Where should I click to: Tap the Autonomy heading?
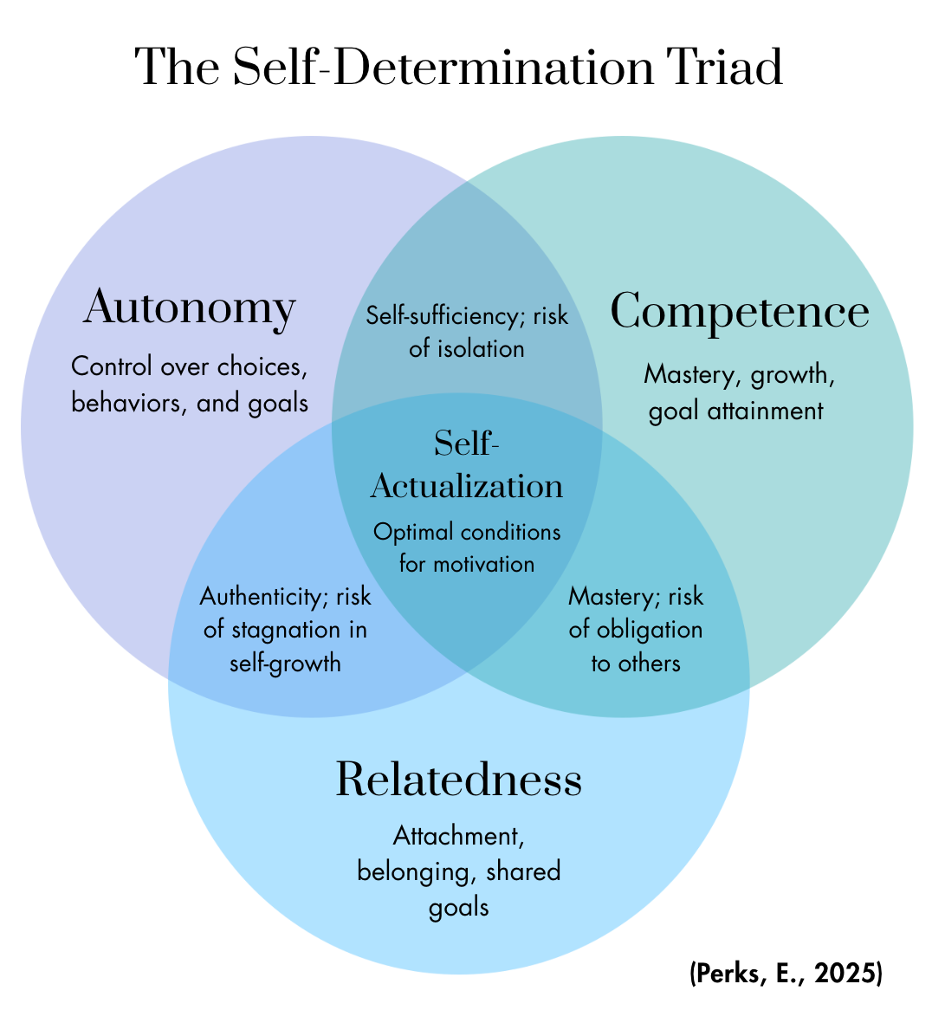pyautogui.click(x=190, y=308)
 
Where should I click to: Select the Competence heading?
pyautogui.click(x=740, y=311)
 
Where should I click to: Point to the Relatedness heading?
pyautogui.click(x=458, y=779)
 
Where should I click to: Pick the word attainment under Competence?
pyautogui.click(x=773, y=410)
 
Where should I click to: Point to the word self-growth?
pyautogui.click(x=285, y=664)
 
